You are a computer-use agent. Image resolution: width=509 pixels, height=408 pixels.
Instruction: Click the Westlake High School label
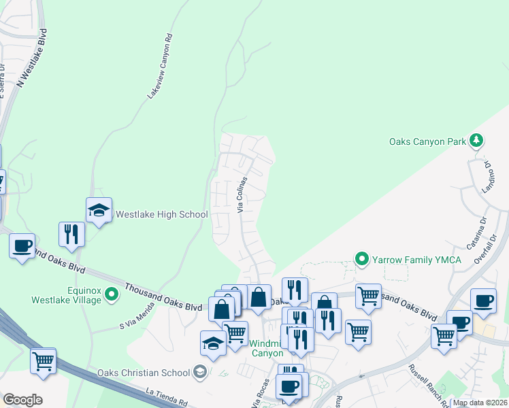point(161,215)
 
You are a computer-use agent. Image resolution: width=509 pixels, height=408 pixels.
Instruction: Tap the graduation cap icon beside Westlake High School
point(99,210)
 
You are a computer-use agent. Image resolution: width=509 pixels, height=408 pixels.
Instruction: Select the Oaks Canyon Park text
point(427,141)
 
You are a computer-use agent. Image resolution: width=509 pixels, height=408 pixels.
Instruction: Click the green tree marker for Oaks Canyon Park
point(477,141)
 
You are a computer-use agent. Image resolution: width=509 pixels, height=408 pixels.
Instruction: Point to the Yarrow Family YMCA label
point(416,260)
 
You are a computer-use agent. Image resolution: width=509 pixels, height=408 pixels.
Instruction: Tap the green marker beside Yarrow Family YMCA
point(362,259)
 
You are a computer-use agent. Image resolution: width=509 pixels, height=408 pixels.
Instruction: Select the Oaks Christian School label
point(145,372)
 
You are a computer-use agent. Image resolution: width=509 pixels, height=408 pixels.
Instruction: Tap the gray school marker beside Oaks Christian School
point(200,371)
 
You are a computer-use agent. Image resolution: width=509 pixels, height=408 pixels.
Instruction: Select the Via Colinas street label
point(241,193)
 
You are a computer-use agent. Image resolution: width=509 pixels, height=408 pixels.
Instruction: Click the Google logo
point(22,400)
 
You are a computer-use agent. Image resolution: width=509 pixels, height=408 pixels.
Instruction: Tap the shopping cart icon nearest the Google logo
point(44,360)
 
